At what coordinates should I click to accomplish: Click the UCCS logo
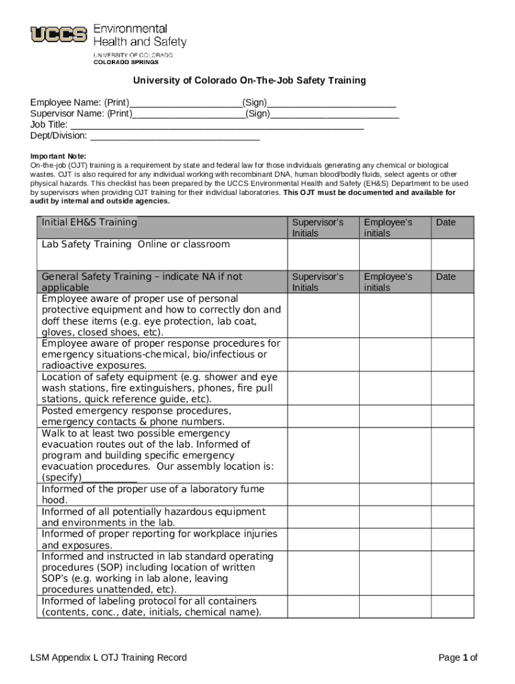click(59, 34)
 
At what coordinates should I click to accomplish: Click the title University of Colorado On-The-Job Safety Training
click(249, 81)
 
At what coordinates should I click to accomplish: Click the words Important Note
click(58, 156)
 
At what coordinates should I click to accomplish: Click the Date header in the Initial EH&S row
click(445, 222)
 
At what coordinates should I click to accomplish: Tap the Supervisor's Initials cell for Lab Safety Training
click(323, 254)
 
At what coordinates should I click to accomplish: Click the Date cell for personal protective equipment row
click(452, 315)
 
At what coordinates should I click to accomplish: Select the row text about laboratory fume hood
click(152, 495)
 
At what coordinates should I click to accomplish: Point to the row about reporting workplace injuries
click(159, 540)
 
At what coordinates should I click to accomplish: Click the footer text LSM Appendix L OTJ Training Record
click(108, 658)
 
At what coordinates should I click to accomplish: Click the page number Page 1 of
click(457, 658)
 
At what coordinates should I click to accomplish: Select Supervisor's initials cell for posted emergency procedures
click(323, 416)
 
